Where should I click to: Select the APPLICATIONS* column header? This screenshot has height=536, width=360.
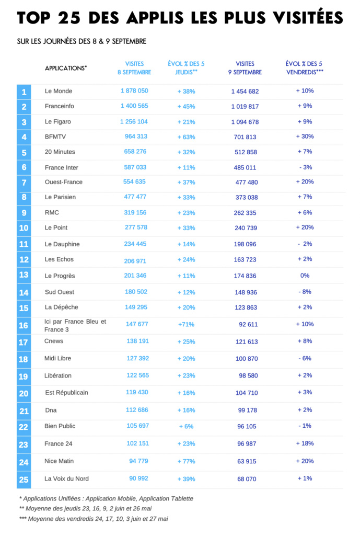pyautogui.click(x=66, y=68)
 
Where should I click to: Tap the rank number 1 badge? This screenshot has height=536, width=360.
pyautogui.click(x=24, y=92)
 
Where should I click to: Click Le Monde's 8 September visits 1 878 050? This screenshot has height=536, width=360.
pyautogui.click(x=134, y=91)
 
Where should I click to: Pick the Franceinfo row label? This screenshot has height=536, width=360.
pyautogui.click(x=59, y=106)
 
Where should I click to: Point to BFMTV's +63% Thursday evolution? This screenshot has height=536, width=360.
pyautogui.click(x=186, y=137)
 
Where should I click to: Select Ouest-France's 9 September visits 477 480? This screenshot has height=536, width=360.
pyautogui.click(x=245, y=183)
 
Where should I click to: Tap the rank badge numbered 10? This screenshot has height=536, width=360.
pyautogui.click(x=24, y=229)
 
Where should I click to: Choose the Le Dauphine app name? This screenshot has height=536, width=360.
pyautogui.click(x=62, y=244)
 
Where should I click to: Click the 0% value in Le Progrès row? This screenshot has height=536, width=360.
pyautogui.click(x=305, y=276)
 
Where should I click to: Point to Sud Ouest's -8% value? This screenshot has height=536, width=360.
pyautogui.click(x=305, y=292)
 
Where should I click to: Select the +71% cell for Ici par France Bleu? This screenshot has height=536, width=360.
pyautogui.click(x=186, y=324)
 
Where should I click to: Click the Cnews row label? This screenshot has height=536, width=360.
pyautogui.click(x=54, y=341)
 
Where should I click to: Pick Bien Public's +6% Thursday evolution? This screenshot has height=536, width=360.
pyautogui.click(x=186, y=426)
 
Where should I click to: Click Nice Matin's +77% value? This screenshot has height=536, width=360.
pyautogui.click(x=186, y=462)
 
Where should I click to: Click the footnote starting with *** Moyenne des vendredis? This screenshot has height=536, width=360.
pyautogui.click(x=94, y=519)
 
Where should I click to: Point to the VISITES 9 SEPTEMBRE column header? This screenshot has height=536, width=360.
pyautogui.click(x=245, y=68)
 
